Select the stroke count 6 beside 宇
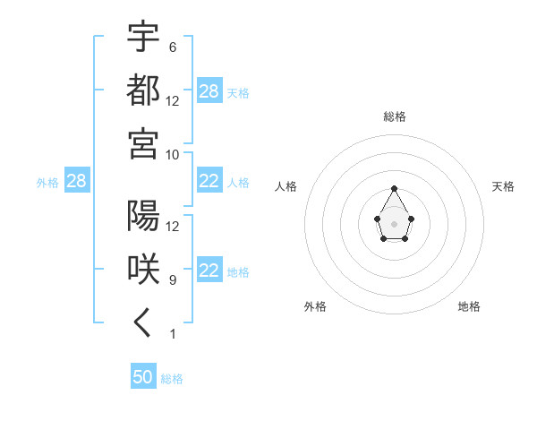pos(172,47)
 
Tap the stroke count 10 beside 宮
pos(173,154)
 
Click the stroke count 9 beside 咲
pos(172,279)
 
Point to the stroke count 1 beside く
pos(172,333)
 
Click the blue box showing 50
pos(143,377)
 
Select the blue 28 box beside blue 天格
pos(209,91)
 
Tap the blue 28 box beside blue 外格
pos(77,182)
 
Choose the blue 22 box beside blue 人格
pos(209,182)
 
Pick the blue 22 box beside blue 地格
pos(209,271)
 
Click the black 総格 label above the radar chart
pos(395,116)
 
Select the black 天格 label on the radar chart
pos(503,186)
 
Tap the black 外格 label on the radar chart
pos(315,306)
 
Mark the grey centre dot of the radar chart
pos(395,223)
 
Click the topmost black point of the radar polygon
pos(395,188)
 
